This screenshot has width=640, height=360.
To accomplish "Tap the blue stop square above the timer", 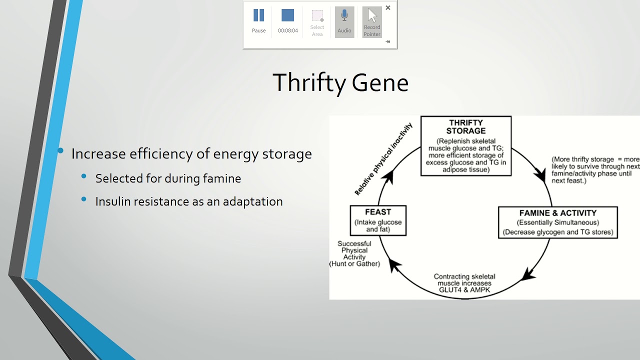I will click(x=287, y=15).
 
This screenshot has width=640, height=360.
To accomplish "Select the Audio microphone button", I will click(x=344, y=21).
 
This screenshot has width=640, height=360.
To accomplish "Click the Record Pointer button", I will click(x=371, y=22).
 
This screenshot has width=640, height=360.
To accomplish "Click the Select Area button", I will click(x=317, y=23).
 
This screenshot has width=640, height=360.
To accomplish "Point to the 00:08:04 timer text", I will click(x=287, y=31).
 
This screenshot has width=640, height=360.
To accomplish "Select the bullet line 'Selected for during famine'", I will click(x=168, y=178).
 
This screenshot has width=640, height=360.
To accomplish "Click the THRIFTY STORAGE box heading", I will click(x=465, y=127).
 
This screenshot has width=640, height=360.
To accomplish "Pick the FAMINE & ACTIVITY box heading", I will click(x=557, y=213).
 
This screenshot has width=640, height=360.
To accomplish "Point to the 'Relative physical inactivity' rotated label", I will click(x=383, y=158).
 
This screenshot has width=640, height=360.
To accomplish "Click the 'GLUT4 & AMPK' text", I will click(x=464, y=290).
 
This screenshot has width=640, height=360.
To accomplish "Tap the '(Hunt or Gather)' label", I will click(x=354, y=263).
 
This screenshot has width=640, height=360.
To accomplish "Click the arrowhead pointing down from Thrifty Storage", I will click(x=540, y=175).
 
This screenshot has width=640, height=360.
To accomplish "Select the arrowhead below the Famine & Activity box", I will click(x=528, y=274).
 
